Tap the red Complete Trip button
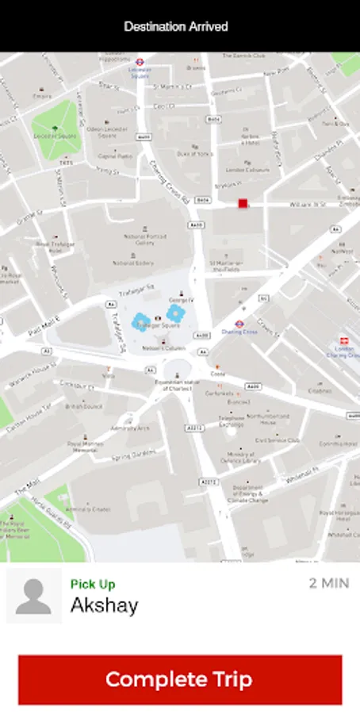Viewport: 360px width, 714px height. point(179,679)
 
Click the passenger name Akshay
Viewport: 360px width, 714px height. point(104,606)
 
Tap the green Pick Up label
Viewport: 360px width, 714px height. point(93,585)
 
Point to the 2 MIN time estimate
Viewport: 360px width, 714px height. point(328,584)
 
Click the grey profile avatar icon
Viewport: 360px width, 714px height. point(33,596)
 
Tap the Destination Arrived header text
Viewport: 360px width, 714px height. point(176,26)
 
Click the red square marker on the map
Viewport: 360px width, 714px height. point(243,204)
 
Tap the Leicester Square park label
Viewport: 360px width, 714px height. point(53,136)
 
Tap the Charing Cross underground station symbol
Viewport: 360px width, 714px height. point(239,324)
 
